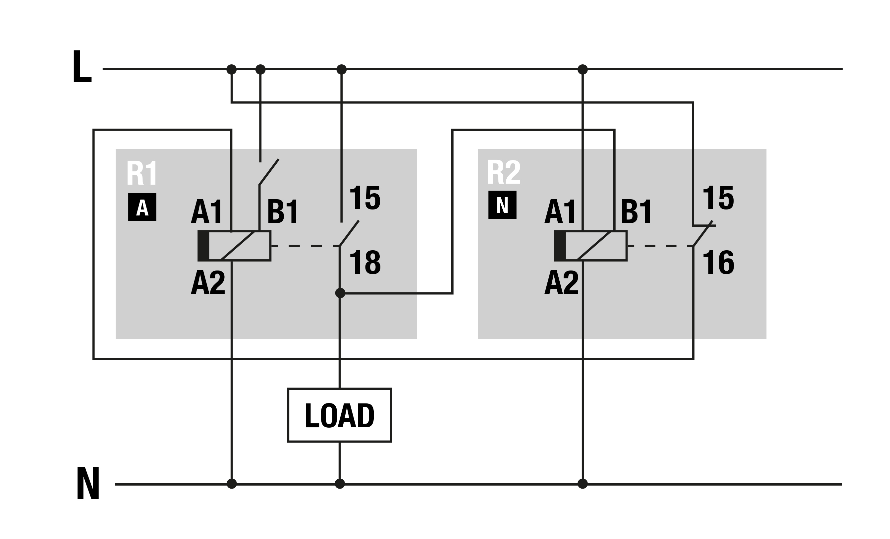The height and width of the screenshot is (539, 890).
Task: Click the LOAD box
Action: click(x=339, y=415)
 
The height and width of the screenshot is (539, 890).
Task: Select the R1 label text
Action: click(x=142, y=173)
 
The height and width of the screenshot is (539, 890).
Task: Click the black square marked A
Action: click(x=142, y=207)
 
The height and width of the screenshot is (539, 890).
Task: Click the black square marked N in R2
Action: click(x=502, y=205)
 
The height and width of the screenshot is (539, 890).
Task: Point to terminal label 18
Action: click(x=365, y=262)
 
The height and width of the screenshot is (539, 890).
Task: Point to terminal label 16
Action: click(x=718, y=262)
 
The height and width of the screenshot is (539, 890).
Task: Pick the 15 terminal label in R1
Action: click(x=365, y=198)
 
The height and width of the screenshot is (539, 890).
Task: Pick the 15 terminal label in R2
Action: click(x=718, y=198)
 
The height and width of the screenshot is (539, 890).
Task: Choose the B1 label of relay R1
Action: click(x=283, y=211)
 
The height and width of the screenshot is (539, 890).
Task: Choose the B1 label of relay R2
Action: click(x=637, y=211)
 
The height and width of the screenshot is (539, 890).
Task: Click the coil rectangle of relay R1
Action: click(x=234, y=246)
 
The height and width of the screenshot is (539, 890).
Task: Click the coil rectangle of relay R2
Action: click(x=590, y=246)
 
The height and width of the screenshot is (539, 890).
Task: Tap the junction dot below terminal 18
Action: click(x=340, y=293)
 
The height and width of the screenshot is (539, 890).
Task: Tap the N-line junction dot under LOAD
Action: click(x=340, y=483)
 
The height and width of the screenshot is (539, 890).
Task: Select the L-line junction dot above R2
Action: click(x=582, y=69)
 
